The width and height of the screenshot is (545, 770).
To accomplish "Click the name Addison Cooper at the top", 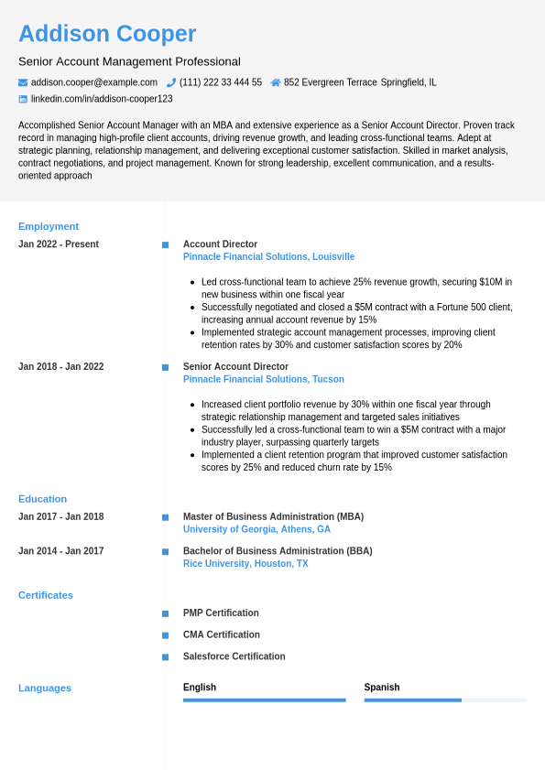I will pyautogui.click(x=107, y=34).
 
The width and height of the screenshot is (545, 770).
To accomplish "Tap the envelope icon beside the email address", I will pyautogui.click(x=23, y=82).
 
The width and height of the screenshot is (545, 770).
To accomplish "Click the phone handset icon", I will pyautogui.click(x=171, y=82).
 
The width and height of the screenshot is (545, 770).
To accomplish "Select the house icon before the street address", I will pyautogui.click(x=276, y=82).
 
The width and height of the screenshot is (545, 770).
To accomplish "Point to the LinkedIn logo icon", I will pyautogui.click(x=23, y=99).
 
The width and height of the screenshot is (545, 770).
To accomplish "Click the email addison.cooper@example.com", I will pyautogui.click(x=94, y=82).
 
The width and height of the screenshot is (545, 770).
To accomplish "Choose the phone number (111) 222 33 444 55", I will pyautogui.click(x=221, y=82).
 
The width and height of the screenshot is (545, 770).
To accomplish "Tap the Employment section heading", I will pyautogui.click(x=49, y=226).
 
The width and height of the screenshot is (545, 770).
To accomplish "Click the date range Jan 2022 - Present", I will pyautogui.click(x=59, y=244).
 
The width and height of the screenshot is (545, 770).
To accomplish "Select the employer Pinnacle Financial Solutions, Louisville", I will pyautogui.click(x=268, y=257).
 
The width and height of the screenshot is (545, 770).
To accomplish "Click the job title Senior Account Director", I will pyautogui.click(x=235, y=367).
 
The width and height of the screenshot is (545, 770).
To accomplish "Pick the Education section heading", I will pyautogui.click(x=42, y=499).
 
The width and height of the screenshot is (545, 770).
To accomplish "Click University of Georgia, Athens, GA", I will pyautogui.click(x=256, y=529).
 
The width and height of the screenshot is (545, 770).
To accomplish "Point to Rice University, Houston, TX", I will pyautogui.click(x=245, y=564).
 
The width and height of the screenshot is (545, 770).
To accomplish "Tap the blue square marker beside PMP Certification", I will pyautogui.click(x=165, y=613).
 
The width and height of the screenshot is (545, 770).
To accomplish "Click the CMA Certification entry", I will pyautogui.click(x=221, y=634).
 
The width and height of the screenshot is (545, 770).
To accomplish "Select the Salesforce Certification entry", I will pyautogui.click(x=234, y=656).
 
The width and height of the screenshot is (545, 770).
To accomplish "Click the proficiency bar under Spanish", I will pyautogui.click(x=445, y=700).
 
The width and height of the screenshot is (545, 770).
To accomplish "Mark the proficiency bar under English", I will pyautogui.click(x=264, y=700).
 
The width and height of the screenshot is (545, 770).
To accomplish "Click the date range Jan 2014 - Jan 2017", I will pyautogui.click(x=60, y=551).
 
